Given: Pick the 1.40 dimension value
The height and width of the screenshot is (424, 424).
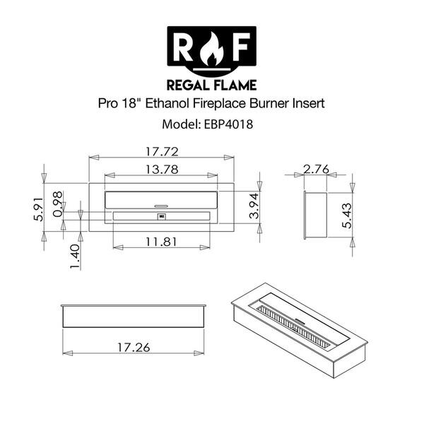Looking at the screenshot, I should click(x=76, y=252).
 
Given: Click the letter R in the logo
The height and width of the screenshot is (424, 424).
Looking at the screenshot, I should click(x=183, y=47).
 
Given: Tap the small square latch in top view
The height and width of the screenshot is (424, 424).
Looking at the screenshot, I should click(x=162, y=217).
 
